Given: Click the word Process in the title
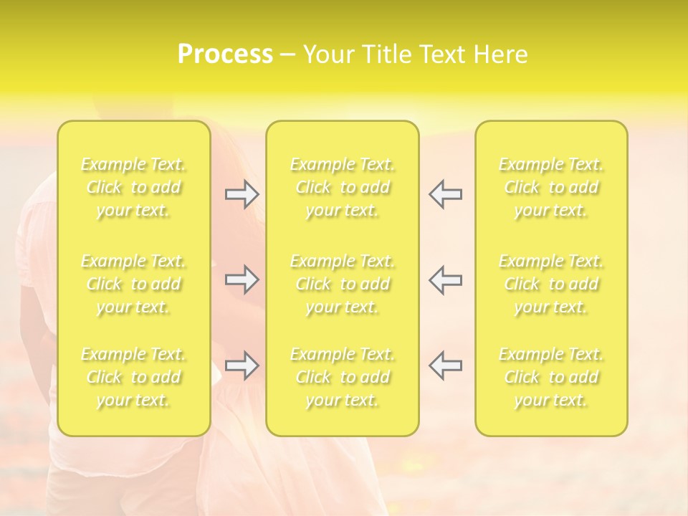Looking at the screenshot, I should click(225, 54).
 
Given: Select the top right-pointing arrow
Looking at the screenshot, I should click(242, 194).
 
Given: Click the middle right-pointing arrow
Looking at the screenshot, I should click(242, 279).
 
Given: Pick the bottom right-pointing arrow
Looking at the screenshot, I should click(242, 365).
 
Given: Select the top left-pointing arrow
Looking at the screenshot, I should click(446, 194).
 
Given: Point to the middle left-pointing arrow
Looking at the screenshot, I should click(446, 279).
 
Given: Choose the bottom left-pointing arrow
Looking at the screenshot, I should click(446, 365).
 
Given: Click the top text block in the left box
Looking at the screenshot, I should click(133, 188).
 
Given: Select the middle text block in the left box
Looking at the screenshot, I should click(133, 284).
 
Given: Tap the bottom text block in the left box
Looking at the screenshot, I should click(133, 377).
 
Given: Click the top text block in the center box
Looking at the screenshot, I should click(343, 188).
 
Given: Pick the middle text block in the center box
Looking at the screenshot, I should click(343, 284).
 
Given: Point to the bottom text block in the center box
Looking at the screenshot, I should click(343, 377).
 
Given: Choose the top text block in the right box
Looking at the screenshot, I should click(551, 188).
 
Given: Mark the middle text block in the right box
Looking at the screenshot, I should click(551, 284).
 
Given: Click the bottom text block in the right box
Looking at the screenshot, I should click(551, 377).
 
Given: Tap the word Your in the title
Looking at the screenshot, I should click(328, 54).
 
